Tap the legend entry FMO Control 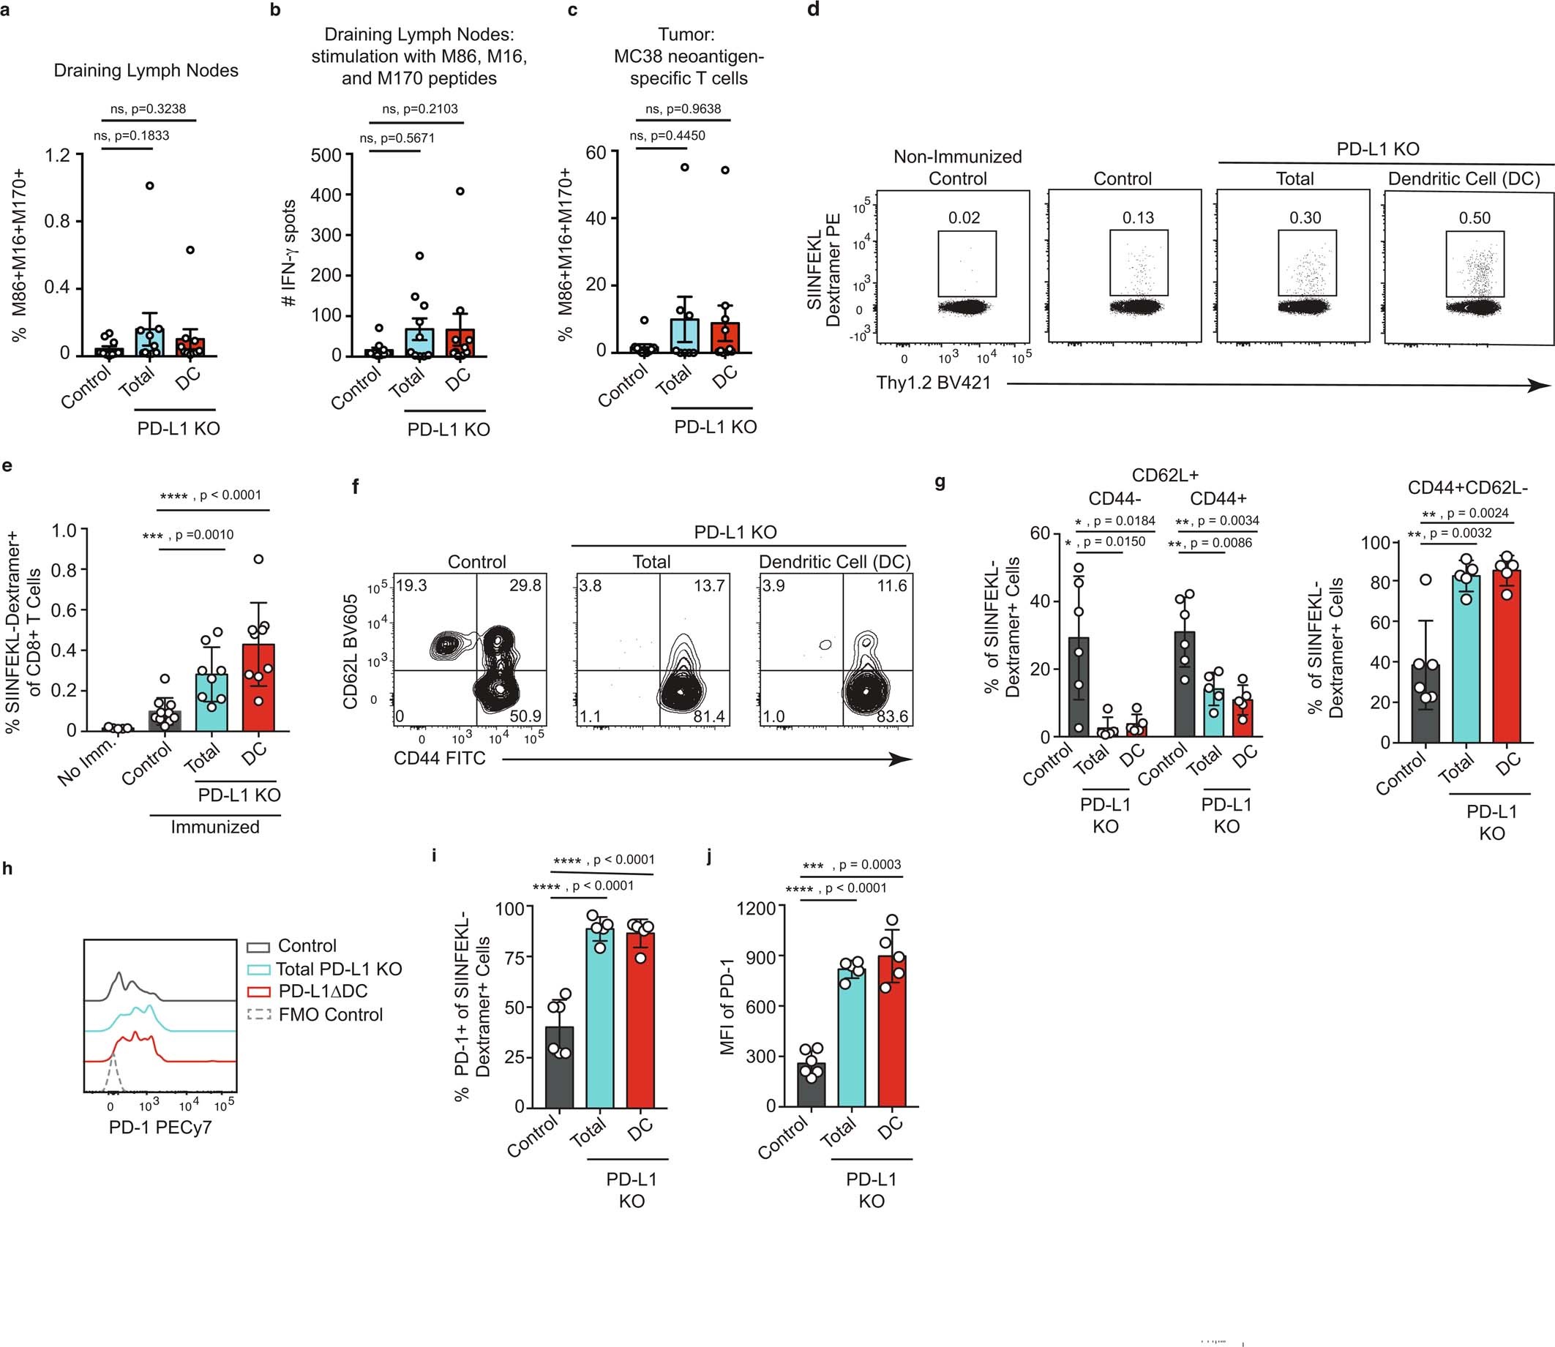[330, 1015]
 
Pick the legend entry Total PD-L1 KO [338, 969]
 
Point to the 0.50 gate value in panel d [1474, 218]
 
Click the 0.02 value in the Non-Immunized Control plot [964, 218]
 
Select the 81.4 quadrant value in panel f [709, 716]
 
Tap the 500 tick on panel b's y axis [327, 156]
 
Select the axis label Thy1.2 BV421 [933, 383]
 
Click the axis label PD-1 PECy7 [160, 1127]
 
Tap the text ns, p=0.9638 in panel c [683, 109]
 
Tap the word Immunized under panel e [215, 827]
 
